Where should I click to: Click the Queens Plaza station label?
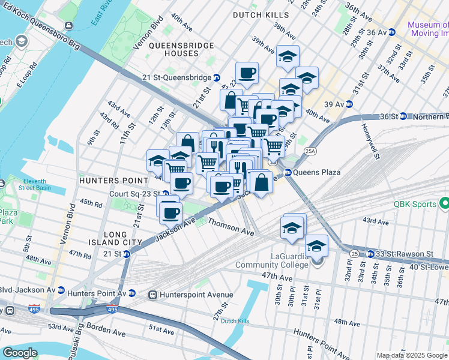pyautogui.click(x=317, y=172)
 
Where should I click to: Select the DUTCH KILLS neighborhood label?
pyautogui.click(x=261, y=15)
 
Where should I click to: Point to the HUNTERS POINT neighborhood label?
pyautogui.click(x=113, y=180)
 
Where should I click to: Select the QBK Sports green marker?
pyautogui.click(x=444, y=205)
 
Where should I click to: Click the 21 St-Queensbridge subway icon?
pyautogui.click(x=217, y=77)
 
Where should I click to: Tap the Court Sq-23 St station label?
pyautogui.click(x=134, y=194)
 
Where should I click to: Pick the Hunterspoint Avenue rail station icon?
pyautogui.click(x=153, y=295)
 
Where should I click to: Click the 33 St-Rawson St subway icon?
pyautogui.click(x=370, y=254)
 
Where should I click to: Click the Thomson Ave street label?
pyautogui.click(x=231, y=226)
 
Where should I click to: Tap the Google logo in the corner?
pyautogui.click(x=20, y=353)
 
